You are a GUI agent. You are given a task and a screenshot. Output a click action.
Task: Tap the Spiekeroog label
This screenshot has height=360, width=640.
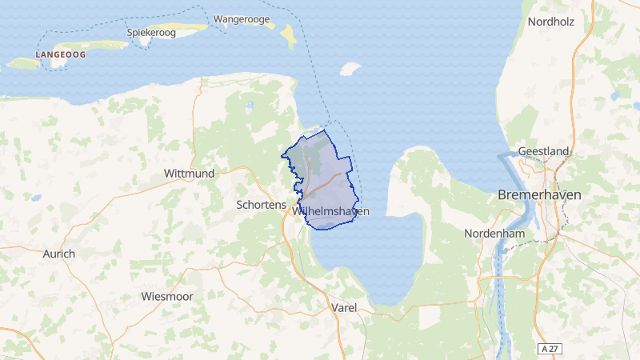[151, 33]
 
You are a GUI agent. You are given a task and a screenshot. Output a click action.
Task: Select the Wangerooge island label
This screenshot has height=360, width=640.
[242, 18]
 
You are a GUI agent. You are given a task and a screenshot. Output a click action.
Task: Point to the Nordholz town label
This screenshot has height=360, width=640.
[550, 22]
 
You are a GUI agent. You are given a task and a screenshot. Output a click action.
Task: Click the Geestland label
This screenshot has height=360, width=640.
[543, 151]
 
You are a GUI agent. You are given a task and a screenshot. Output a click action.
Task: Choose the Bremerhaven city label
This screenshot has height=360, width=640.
[540, 194]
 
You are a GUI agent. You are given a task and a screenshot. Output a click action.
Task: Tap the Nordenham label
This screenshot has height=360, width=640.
[493, 234]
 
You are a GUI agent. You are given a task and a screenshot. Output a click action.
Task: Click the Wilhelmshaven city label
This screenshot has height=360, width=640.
[331, 211]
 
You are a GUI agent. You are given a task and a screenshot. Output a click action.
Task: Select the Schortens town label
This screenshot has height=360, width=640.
[261, 205]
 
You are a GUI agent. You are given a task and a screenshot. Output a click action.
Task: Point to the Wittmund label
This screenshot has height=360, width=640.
[189, 173]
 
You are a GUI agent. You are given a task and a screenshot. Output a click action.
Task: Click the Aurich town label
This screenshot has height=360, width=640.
[58, 254]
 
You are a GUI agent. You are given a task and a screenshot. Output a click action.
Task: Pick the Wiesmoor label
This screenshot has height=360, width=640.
[166, 297]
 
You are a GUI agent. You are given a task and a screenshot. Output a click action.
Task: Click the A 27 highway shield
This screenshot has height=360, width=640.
[548, 349]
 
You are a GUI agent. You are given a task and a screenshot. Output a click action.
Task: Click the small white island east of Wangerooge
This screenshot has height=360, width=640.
[350, 70]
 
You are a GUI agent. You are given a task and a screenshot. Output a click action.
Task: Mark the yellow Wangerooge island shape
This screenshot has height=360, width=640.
[286, 35]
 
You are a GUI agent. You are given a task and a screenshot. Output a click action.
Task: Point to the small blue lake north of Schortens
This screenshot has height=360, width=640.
[250, 105]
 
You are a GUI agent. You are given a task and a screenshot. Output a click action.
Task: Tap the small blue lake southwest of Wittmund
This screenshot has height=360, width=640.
[36, 197]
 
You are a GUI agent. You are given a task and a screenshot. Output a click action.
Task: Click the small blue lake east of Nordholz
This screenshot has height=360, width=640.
[614, 97]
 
